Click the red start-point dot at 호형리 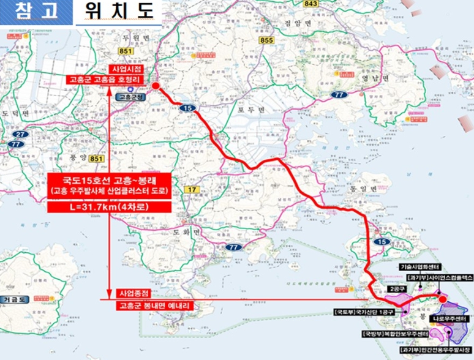tap(155, 86)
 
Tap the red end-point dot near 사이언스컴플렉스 tap(443, 298)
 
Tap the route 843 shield tap(311, 4)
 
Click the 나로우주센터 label tap(450, 320)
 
